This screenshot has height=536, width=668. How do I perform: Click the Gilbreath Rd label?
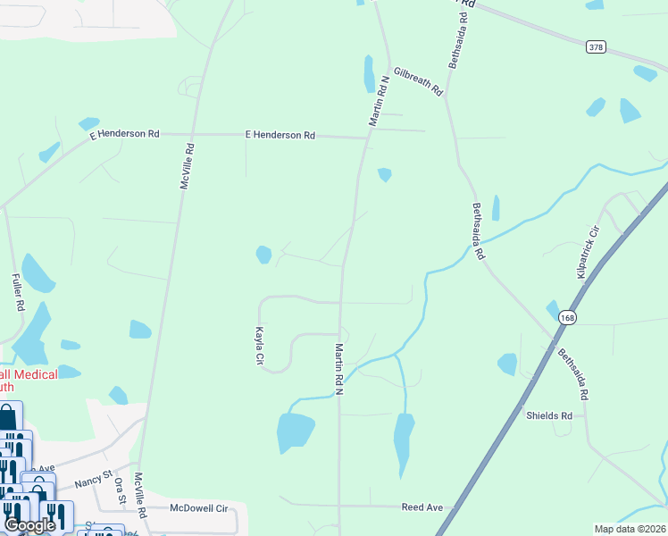click(x=418, y=81)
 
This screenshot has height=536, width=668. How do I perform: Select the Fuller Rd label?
click(x=18, y=292)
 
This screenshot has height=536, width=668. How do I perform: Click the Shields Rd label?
click(x=548, y=415)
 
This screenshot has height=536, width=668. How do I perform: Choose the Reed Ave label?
click(x=422, y=507)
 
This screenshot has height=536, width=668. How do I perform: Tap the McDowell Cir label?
click(x=199, y=508)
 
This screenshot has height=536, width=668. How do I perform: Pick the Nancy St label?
click(x=92, y=480)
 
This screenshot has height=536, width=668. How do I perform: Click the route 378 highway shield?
click(x=596, y=46)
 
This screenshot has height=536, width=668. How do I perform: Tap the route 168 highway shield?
click(x=567, y=317)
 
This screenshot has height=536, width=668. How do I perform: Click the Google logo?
click(x=29, y=525)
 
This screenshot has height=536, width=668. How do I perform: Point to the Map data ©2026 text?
click(x=629, y=529)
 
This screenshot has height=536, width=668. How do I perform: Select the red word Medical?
click(x=36, y=374)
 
